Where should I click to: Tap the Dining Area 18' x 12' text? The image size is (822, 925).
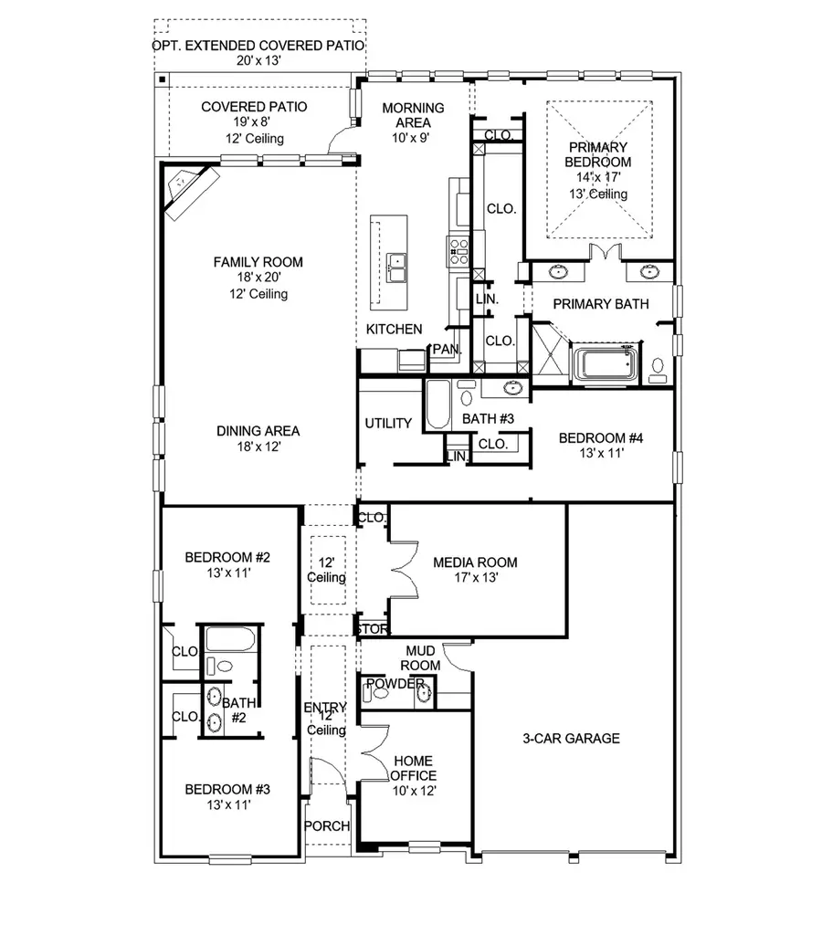tap(258, 439)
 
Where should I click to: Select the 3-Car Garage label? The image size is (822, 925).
tap(572, 738)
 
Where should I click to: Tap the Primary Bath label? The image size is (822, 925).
tap(601, 304)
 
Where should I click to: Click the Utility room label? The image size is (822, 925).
tap(388, 424)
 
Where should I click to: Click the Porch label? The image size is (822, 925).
tap(326, 826)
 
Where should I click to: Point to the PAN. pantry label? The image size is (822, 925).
tap(447, 350)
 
